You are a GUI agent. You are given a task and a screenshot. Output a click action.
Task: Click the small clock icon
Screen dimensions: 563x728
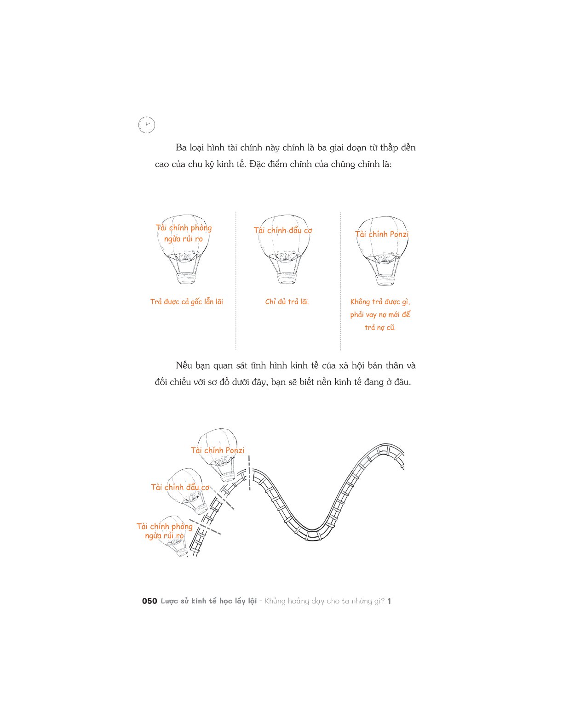(147, 125)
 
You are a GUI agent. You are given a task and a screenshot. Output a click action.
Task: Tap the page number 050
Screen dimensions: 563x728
(149, 601)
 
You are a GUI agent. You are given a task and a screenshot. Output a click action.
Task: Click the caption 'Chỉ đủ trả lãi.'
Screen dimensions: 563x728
(287, 302)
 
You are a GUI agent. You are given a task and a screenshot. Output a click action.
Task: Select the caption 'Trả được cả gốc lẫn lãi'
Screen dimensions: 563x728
(186, 302)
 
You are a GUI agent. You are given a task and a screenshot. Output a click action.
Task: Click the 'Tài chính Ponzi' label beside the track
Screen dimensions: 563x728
(217, 450)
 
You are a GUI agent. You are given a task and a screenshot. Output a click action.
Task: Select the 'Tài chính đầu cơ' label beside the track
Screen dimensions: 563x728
(180, 487)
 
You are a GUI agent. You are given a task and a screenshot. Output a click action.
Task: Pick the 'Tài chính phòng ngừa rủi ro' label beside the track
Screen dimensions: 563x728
(164, 531)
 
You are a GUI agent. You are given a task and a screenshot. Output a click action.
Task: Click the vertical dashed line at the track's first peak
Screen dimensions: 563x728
(249, 473)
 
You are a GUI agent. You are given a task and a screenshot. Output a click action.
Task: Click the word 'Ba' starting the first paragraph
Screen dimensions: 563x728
(181, 148)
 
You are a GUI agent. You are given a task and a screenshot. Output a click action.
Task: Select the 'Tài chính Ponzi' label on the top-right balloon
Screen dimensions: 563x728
(382, 234)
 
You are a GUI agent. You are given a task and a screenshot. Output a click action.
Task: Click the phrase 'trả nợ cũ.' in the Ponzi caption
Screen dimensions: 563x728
(380, 327)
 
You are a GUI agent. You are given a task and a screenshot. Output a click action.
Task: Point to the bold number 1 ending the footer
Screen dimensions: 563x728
(389, 601)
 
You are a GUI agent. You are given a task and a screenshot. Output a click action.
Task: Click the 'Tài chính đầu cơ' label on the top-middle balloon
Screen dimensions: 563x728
(283, 231)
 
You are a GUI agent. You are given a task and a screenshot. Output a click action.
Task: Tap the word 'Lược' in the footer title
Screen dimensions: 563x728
(169, 601)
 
